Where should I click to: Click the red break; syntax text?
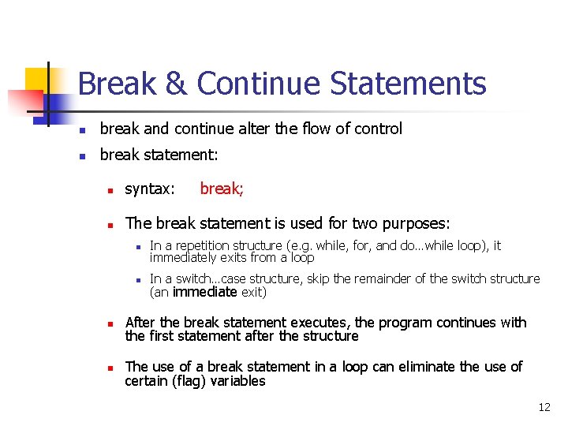pos(222,189)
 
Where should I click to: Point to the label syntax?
pos(150,189)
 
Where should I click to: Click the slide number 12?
pos(544,407)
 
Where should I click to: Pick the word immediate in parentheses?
pos(205,292)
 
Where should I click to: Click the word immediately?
pos(182,257)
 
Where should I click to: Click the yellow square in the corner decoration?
pos(38,79)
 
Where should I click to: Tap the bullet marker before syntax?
pos(111,190)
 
